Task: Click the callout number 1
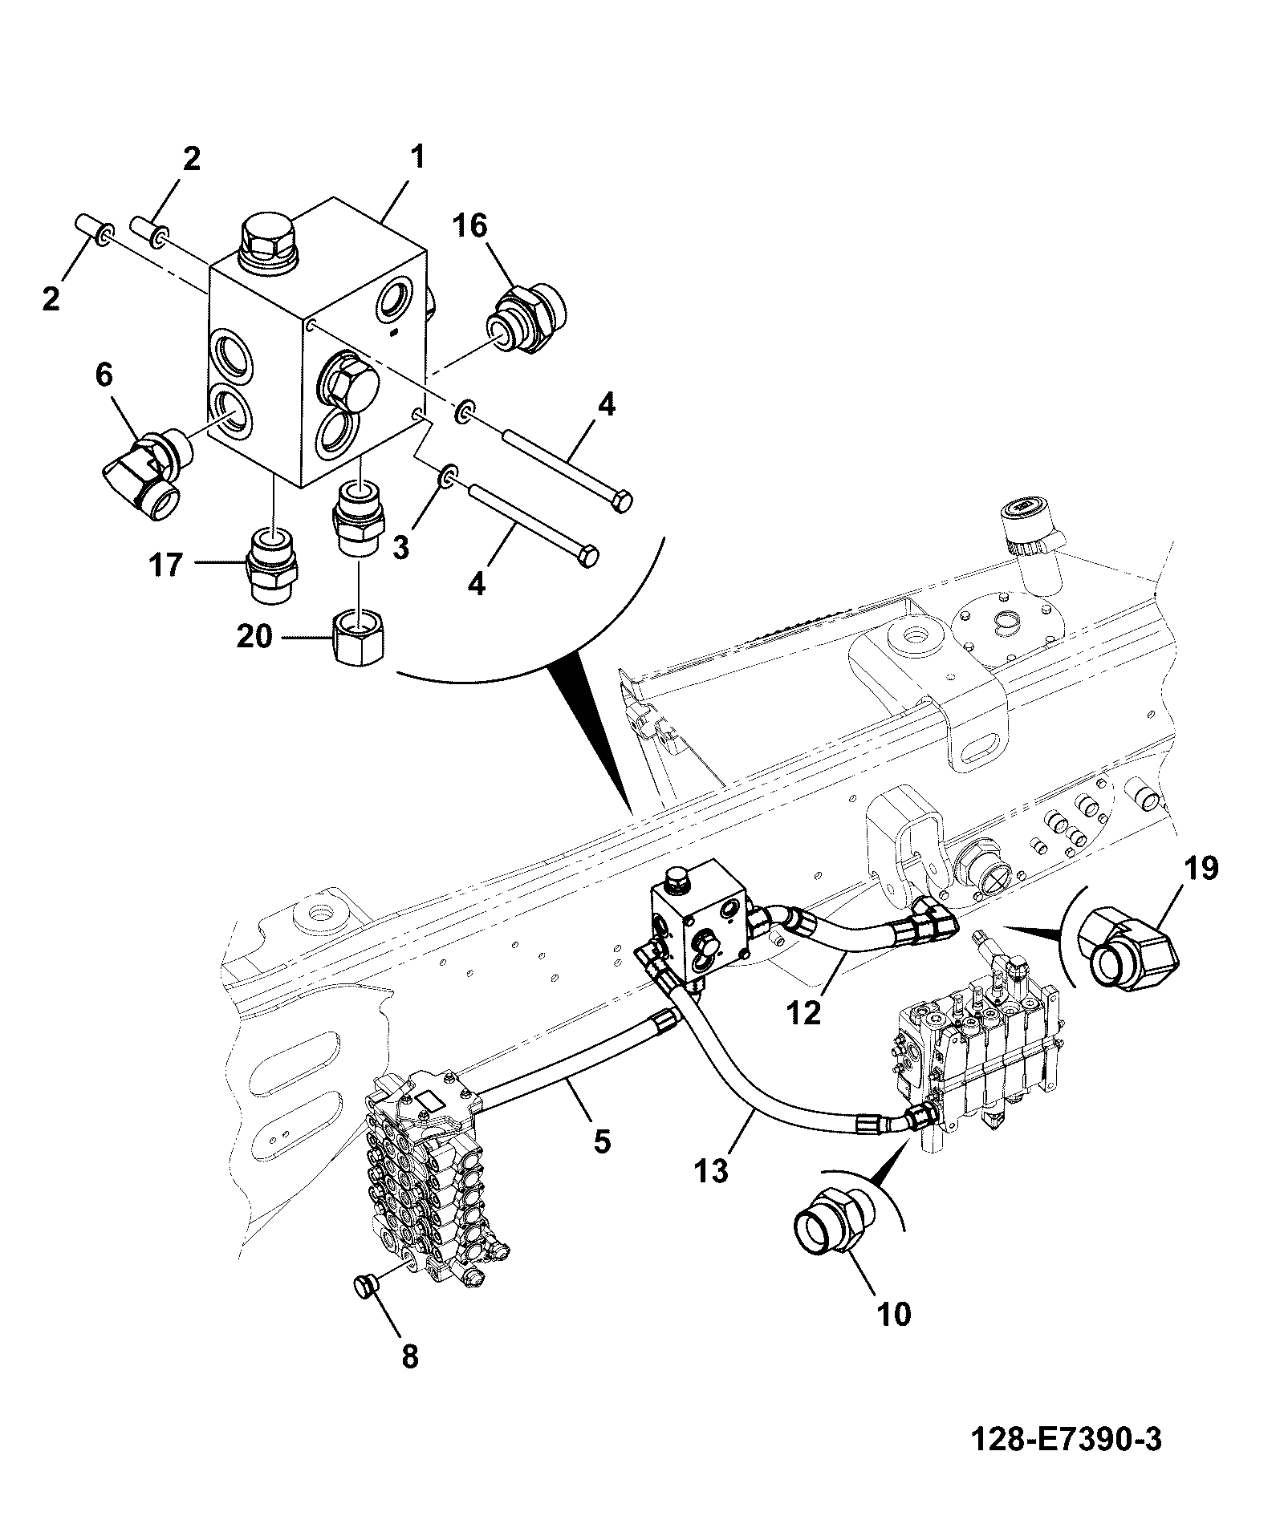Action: pyautogui.click(x=417, y=158)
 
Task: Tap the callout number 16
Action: pyautogui.click(x=472, y=226)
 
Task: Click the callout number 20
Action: pyautogui.click(x=255, y=638)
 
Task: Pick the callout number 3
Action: pyautogui.click(x=400, y=548)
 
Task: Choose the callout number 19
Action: pyautogui.click(x=1201, y=869)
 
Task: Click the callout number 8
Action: pyautogui.click(x=409, y=1356)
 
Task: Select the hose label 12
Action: pyautogui.click(x=805, y=1013)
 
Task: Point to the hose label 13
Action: pyautogui.click(x=713, y=1172)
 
